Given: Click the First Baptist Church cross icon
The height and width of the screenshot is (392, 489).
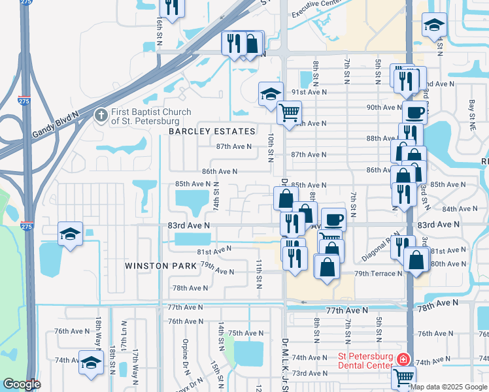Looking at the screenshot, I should [x=101, y=116].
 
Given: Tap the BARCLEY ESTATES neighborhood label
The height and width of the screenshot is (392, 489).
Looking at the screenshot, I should [x=212, y=131].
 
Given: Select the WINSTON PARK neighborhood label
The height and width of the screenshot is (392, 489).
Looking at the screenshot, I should [x=162, y=266].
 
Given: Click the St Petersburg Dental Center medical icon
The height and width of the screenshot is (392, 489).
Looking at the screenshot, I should [x=403, y=359].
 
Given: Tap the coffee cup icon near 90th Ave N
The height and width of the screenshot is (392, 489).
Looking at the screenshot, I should [x=414, y=112].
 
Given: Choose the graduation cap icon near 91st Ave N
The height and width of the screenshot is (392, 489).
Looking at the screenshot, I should [x=270, y=93].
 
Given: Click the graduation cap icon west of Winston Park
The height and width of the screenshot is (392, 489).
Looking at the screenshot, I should [x=70, y=233].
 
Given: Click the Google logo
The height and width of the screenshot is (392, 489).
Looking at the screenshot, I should [x=22, y=384].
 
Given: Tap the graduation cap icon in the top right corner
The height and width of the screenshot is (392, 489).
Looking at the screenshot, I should [x=433, y=25].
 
